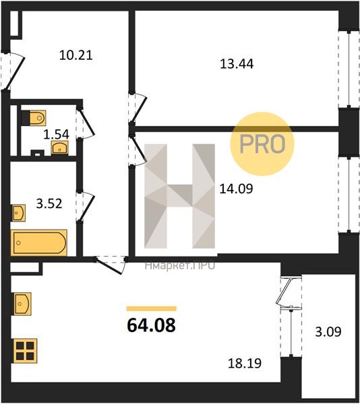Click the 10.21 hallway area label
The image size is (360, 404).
[x=76, y=55]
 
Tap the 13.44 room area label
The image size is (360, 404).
[x=237, y=64]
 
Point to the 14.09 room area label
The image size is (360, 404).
[x=236, y=189]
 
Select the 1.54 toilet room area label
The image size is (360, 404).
[x=56, y=134]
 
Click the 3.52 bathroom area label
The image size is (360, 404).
[x=49, y=203]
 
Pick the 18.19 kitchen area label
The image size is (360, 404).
[x=245, y=363]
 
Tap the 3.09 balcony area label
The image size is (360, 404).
[x=328, y=332]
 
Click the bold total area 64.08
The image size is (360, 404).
[x=152, y=325]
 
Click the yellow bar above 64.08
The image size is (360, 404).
[x=152, y=308]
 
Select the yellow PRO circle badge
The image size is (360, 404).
[x=262, y=144]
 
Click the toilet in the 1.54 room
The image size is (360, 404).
[x=34, y=118]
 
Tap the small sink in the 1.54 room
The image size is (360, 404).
[x=60, y=147]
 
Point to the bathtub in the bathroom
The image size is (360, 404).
[x=39, y=242]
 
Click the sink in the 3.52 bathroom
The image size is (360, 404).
[x=19, y=213]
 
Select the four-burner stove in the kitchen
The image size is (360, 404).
[x=25, y=351]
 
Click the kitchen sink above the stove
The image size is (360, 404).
[x=22, y=304]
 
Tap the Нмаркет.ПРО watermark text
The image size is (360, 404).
[x=180, y=265]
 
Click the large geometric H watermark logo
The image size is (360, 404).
[x=179, y=196]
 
